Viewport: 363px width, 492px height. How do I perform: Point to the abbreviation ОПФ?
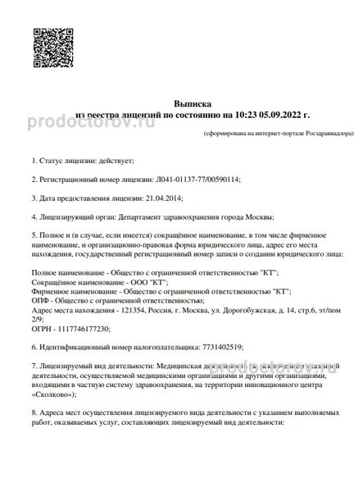tap(40, 301)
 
